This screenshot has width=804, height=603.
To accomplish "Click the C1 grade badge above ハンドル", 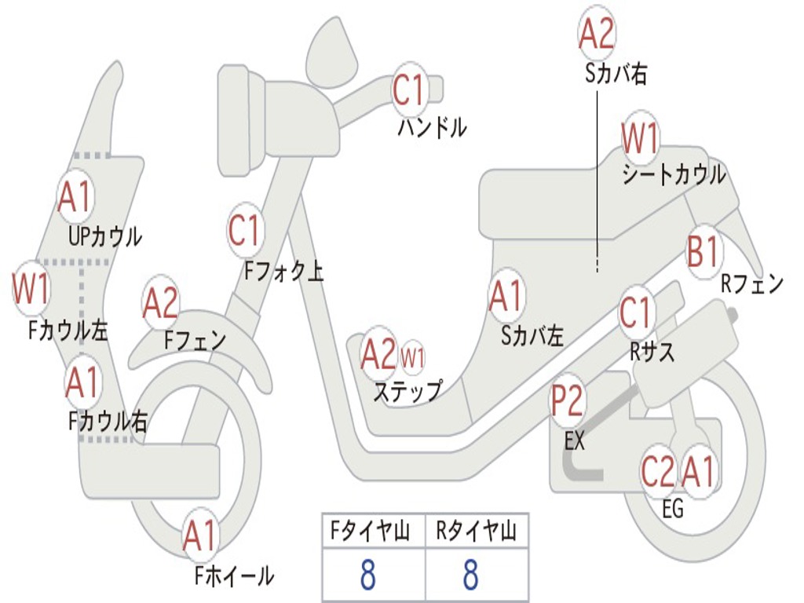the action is [x=408, y=90].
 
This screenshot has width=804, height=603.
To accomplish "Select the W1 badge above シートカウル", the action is [x=640, y=139].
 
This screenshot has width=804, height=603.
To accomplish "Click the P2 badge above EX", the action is [x=566, y=401].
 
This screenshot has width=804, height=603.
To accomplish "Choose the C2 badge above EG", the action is [x=658, y=472].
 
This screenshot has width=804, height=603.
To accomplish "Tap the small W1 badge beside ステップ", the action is [x=413, y=358].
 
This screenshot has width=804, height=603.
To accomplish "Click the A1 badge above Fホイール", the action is [x=199, y=537].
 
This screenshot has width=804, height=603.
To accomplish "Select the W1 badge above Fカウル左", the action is [x=31, y=289].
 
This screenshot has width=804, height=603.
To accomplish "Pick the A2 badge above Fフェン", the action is [x=160, y=304].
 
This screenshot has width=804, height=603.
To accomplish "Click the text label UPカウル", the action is [x=104, y=236].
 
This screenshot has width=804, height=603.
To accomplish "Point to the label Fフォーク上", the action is [x=283, y=272].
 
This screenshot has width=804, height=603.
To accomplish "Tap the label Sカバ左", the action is [x=532, y=336].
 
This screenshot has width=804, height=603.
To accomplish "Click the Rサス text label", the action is [x=652, y=353].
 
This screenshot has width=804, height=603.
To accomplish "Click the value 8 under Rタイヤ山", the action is [x=470, y=576].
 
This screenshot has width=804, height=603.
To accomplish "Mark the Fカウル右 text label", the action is [x=108, y=422].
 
